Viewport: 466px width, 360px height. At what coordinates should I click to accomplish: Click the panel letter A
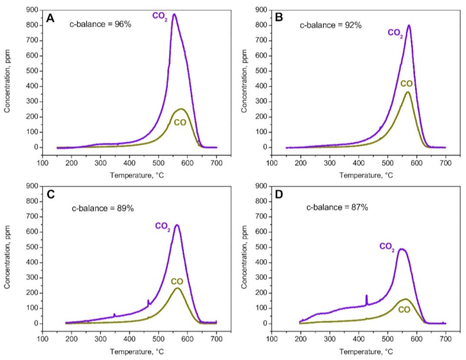pos(50,19)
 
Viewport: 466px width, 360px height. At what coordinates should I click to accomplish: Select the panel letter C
pos(50,195)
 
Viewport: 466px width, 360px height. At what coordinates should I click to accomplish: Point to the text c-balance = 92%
pos(331,25)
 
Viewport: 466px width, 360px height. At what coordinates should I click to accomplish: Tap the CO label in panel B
pos(406,84)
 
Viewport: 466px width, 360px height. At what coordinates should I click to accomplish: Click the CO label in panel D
pos(404,310)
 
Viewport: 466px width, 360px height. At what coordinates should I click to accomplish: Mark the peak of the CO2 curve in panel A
pos(174,14)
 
